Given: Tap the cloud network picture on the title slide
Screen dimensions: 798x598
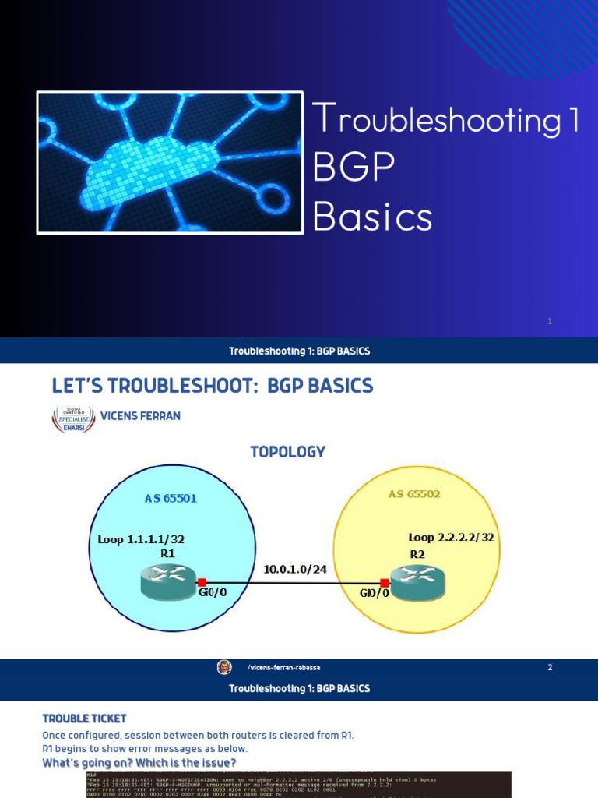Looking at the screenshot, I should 170,163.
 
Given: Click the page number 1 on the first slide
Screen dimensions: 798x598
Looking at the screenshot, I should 549,321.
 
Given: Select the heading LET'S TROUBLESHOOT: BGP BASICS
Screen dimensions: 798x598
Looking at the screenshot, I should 212,386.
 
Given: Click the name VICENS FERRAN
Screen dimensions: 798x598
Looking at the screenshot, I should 140,416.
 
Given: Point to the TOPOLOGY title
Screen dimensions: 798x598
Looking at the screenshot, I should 287,452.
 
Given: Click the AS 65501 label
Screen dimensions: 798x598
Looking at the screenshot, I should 171,498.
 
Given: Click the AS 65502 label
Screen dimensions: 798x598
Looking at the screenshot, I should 415,495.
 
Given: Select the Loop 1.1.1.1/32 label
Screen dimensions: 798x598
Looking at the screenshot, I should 141,539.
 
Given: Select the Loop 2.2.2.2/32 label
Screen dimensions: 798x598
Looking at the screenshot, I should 452,538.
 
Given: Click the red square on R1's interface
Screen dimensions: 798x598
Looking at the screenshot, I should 202,582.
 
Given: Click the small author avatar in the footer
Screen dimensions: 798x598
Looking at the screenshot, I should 224,667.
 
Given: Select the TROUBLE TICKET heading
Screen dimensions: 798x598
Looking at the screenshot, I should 84,719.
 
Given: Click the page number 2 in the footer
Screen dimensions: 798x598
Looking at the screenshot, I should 550,667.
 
